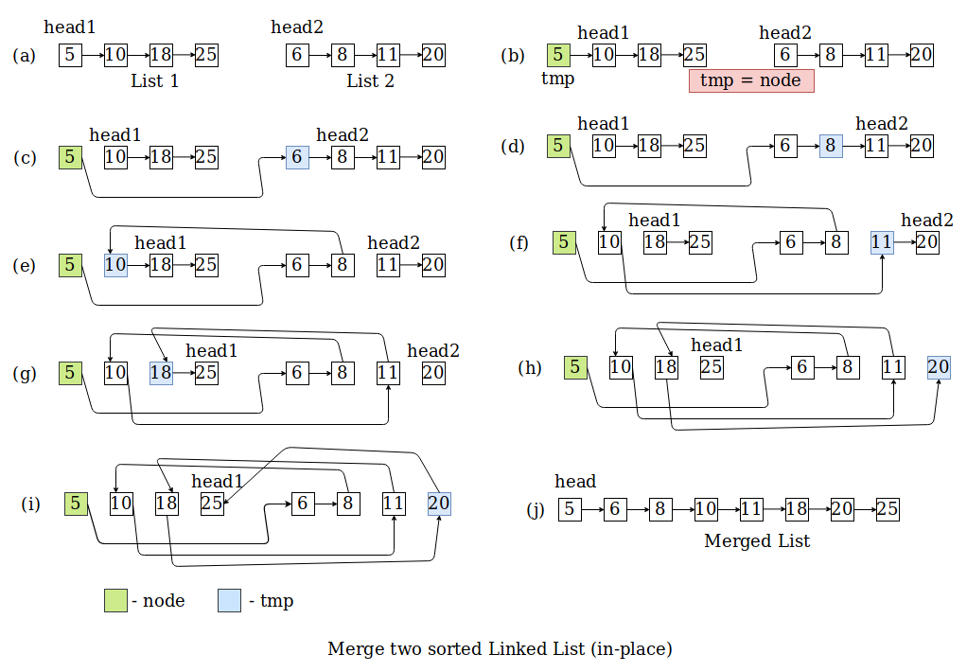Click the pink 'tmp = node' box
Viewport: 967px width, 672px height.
point(751,80)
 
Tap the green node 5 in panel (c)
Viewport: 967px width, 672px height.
point(70,158)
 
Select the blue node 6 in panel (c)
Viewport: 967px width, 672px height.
point(297,158)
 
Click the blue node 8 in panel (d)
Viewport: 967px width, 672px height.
point(831,146)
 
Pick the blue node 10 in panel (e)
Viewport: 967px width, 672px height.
point(115,265)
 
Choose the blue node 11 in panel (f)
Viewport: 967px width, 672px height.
point(882,242)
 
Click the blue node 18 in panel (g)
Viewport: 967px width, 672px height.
point(161,373)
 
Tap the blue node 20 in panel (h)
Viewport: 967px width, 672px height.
point(939,367)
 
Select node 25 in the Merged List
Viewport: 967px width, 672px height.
point(888,510)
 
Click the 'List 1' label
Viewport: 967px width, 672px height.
point(155,81)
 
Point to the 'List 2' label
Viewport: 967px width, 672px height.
point(370,81)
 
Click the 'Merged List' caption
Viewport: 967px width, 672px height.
point(757,541)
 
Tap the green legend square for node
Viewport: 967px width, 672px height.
point(115,600)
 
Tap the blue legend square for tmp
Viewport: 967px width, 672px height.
point(229,600)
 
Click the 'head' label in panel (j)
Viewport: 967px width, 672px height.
point(576,482)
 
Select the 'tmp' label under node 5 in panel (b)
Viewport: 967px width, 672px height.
point(557,79)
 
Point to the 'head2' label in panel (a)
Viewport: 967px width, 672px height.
point(296,27)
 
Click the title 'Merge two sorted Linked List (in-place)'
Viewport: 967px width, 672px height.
point(500,649)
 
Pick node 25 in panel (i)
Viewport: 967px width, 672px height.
point(212,504)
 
